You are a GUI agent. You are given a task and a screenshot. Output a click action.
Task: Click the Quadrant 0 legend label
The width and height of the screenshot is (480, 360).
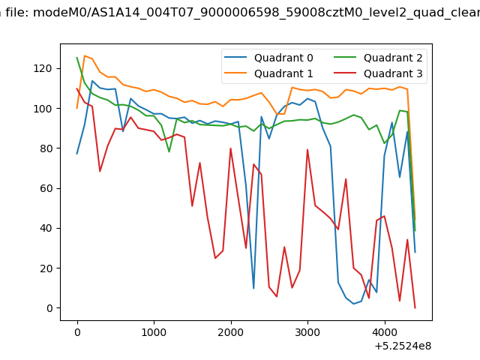click(x=283, y=58)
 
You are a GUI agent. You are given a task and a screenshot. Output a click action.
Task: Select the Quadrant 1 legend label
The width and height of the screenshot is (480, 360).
click(x=283, y=73)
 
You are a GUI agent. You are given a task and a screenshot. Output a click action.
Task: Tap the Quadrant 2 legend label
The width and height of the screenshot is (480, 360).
click(x=393, y=58)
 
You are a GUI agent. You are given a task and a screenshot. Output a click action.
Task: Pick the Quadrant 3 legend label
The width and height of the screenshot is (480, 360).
click(x=393, y=73)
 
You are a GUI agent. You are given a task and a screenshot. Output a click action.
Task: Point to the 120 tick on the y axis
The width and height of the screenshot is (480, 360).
click(x=42, y=68)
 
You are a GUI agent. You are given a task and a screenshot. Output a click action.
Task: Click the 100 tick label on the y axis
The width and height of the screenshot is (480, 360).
click(x=42, y=109)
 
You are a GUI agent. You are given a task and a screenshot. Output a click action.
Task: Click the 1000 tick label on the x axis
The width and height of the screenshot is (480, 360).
click(x=154, y=332)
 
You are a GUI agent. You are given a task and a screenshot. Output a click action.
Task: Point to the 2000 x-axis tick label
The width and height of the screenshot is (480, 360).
click(x=231, y=332)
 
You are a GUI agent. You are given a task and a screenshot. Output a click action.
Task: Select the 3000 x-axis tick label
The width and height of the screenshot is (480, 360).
click(x=307, y=332)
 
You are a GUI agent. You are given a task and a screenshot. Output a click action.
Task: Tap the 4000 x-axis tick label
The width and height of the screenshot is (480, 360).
click(x=385, y=332)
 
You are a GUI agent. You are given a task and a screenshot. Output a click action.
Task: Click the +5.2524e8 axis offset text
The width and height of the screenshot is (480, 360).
click(x=403, y=346)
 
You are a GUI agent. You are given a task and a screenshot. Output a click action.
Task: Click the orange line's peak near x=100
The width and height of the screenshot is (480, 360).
click(x=85, y=55)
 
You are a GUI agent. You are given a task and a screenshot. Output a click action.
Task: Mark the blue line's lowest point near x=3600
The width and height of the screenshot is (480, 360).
click(x=353, y=304)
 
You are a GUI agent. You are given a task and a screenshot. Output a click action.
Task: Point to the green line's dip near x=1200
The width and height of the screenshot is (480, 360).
click(x=169, y=151)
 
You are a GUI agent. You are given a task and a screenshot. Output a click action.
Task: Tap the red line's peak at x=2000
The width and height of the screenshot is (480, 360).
click(x=230, y=148)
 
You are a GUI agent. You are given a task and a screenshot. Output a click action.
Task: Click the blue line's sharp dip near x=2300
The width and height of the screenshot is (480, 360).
click(x=253, y=288)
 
